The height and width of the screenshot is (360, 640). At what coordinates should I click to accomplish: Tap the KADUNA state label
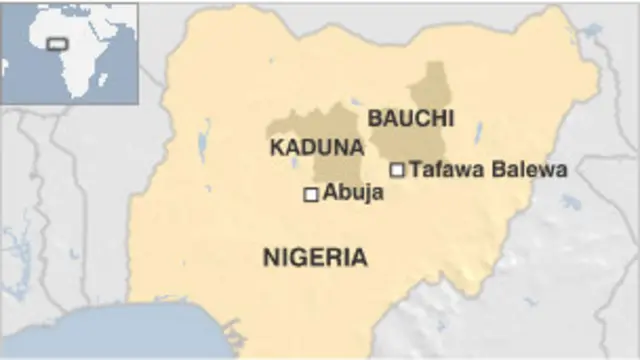316,148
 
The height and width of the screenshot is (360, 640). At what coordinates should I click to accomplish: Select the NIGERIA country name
314,258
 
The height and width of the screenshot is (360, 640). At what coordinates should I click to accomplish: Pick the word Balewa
531,170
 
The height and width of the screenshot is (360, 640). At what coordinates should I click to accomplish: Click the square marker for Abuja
310,194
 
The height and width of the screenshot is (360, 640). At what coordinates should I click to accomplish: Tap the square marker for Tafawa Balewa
397,170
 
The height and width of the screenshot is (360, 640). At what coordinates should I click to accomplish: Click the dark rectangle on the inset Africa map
57,45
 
